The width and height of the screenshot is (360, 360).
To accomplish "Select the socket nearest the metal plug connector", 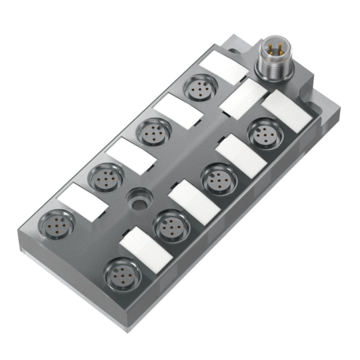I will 199,88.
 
